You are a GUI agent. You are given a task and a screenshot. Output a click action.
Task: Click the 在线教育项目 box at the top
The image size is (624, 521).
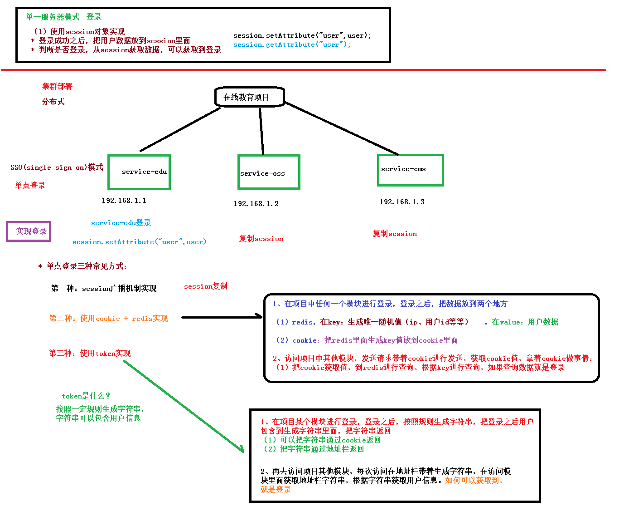pyautogui.click(x=249, y=97)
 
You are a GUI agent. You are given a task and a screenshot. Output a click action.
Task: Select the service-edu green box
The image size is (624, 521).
pyautogui.click(x=139, y=172)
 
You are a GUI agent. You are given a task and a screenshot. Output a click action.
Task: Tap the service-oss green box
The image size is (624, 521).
pyautogui.click(x=269, y=172)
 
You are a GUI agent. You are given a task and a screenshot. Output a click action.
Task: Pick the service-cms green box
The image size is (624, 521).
pyautogui.click(x=410, y=170)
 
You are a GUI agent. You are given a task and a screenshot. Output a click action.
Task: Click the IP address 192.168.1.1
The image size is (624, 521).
pyautogui.click(x=124, y=201)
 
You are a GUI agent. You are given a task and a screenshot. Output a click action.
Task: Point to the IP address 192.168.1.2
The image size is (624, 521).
pyautogui.click(x=256, y=204)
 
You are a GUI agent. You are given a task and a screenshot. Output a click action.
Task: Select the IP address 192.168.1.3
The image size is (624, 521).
pyautogui.click(x=402, y=202)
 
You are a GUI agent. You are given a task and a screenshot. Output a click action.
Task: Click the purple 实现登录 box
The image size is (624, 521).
pyautogui.click(x=29, y=231)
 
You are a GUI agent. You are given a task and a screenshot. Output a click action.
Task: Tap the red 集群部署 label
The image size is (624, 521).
pyautogui.click(x=57, y=86)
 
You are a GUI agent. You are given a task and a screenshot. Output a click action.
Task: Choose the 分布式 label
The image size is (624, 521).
pyautogui.click(x=53, y=102)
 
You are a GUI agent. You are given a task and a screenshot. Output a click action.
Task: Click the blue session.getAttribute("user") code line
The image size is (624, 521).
pyautogui.click(x=292, y=44)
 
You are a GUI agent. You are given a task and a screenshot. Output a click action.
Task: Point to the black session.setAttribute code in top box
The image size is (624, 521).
pyautogui.click(x=302, y=35)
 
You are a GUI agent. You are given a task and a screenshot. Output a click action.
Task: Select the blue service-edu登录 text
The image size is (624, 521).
pyautogui.click(x=121, y=223)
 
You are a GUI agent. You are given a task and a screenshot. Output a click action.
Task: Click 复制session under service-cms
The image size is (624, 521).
pyautogui.click(x=395, y=234)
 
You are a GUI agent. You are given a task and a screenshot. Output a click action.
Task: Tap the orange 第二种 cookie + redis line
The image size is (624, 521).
pyautogui.click(x=108, y=319)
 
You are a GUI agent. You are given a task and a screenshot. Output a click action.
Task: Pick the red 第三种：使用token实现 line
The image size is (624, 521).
pyautogui.click(x=90, y=353)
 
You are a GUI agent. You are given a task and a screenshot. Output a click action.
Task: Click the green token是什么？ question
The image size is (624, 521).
pyautogui.click(x=86, y=396)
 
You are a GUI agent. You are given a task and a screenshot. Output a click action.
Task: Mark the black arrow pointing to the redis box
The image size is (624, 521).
pyautogui.click(x=222, y=317)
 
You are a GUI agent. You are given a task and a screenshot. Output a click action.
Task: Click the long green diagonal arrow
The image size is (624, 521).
pyautogui.click(x=184, y=407)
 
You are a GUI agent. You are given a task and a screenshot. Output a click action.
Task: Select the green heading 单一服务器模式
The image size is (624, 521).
pyautogui.click(x=53, y=17)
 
